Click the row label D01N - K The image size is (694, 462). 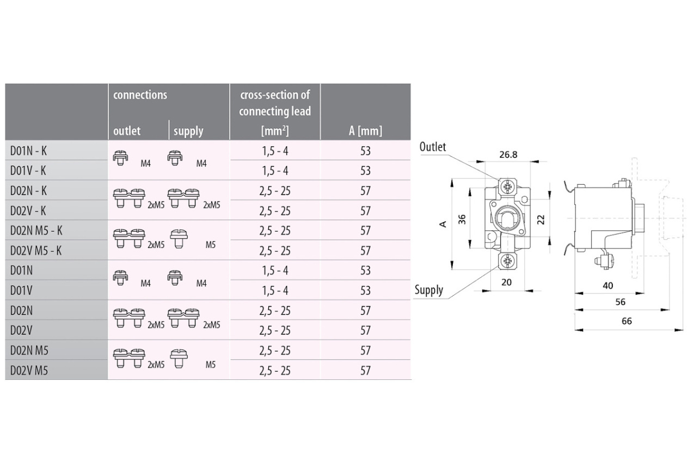(x=28, y=151)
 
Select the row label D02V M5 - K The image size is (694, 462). (x=36, y=251)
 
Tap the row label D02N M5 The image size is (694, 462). (x=29, y=351)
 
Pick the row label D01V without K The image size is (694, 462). (x=21, y=291)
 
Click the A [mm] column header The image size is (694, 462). (x=365, y=131)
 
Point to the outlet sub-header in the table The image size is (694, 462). (x=127, y=131)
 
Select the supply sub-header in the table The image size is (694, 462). (x=188, y=131)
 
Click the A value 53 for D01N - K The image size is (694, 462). (x=366, y=151)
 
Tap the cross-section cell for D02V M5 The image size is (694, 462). (x=275, y=371)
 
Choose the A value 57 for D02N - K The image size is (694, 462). (x=366, y=191)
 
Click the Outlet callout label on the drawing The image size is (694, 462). (x=433, y=147)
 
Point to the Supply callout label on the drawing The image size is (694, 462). (x=429, y=290)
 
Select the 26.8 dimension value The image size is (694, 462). (x=508, y=155)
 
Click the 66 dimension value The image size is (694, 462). (x=627, y=321)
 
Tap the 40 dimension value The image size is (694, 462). (x=608, y=285)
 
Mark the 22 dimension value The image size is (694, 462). (x=541, y=220)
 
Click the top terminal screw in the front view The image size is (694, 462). (x=507, y=186)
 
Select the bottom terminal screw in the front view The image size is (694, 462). (x=507, y=261)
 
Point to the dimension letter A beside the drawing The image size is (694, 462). (x=444, y=224)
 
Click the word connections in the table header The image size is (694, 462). (x=140, y=95)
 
